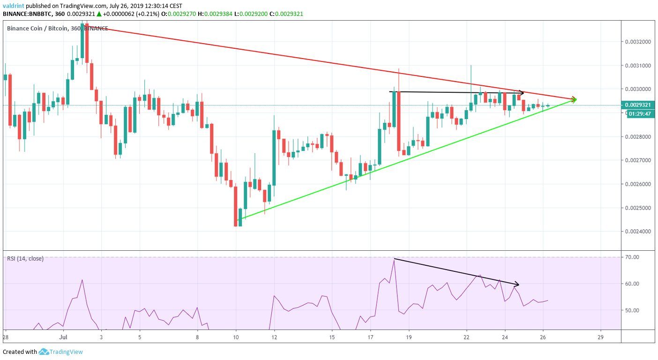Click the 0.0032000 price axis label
(x=638, y=42)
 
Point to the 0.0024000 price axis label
(x=638, y=232)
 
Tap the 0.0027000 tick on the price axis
(x=638, y=160)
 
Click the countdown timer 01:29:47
(x=640, y=113)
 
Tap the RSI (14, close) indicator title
(x=25, y=258)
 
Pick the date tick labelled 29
(x=601, y=337)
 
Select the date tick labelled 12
(x=275, y=337)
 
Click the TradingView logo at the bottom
(x=60, y=352)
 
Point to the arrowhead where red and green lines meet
(x=574, y=99)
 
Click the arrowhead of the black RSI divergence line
(x=517, y=284)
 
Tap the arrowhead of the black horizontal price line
(x=522, y=93)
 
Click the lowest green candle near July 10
(x=240, y=217)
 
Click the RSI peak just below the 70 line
(x=394, y=260)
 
